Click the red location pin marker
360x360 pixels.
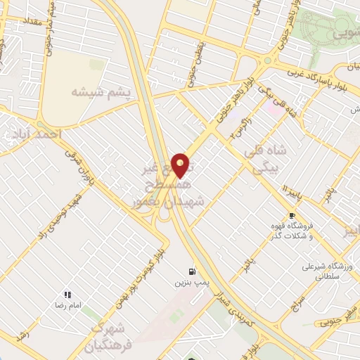click(x=181, y=165)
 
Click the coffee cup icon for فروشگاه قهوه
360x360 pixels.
click(x=291, y=215)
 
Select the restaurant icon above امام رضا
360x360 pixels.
click(x=68, y=295)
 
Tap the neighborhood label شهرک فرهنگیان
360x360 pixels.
click(x=106, y=337)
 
